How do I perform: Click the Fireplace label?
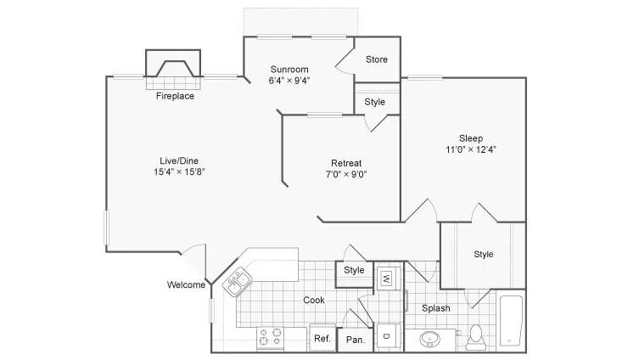coord(175,96)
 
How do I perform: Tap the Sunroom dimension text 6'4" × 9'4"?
coord(289,81)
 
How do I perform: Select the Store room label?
coord(376,59)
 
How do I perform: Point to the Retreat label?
coord(346,163)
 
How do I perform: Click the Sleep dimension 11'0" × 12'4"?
coord(471,149)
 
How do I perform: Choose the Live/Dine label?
coord(179,160)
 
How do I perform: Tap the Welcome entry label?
coord(186,284)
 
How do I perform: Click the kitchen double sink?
coord(237,282)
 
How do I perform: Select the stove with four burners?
coord(270,337)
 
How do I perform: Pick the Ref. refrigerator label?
coord(322,339)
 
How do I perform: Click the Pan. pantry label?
coord(356,340)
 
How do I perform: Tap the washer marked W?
coord(386,278)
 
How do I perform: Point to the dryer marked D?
coord(386,336)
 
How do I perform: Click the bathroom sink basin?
coord(429,339)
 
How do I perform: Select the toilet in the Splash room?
coord(475,338)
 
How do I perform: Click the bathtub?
coord(511,321)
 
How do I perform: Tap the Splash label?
coord(435,308)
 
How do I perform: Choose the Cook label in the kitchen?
coord(314,300)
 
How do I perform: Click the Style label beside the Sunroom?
coord(374,102)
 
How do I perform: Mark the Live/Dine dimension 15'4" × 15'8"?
coord(179,172)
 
